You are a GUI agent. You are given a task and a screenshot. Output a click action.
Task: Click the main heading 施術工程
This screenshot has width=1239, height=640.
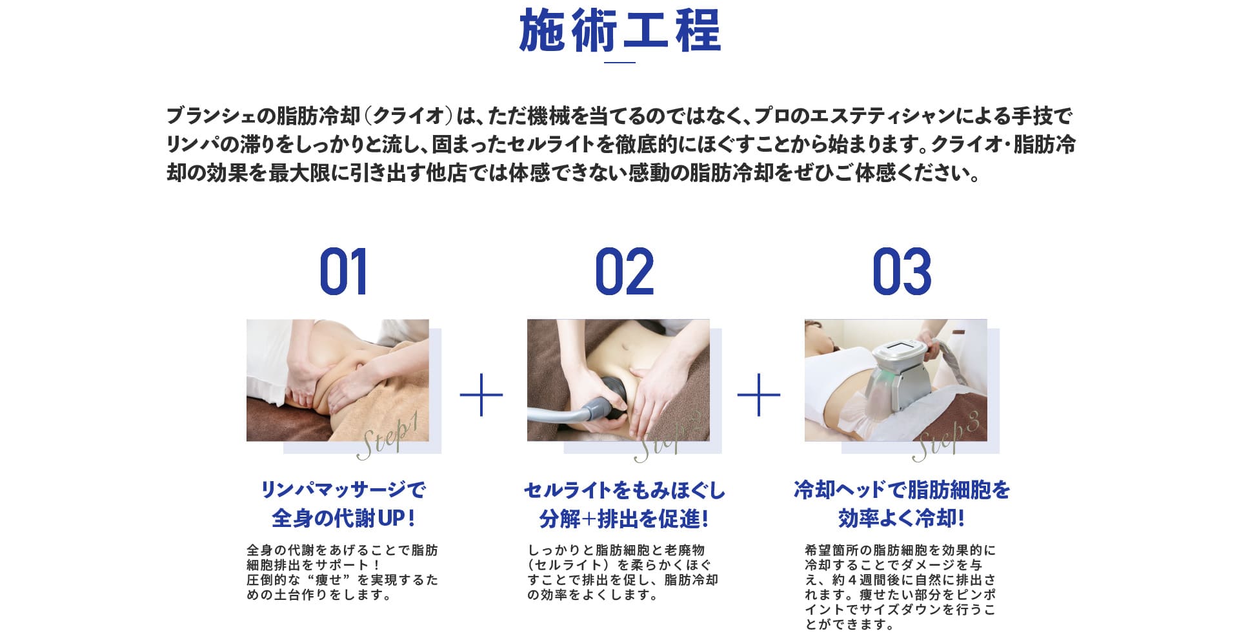(619, 31)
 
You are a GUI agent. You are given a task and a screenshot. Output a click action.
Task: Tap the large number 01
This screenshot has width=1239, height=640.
(343, 272)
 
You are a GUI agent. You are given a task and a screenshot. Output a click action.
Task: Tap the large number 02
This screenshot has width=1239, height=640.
(624, 272)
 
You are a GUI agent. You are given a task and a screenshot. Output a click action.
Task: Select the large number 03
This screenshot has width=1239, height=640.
(902, 272)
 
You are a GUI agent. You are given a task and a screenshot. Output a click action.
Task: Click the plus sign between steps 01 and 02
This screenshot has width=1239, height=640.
(481, 394)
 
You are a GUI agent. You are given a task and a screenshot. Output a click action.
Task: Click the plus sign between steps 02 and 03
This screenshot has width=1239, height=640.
(759, 394)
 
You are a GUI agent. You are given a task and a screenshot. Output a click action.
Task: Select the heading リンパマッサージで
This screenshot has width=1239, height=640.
(343, 490)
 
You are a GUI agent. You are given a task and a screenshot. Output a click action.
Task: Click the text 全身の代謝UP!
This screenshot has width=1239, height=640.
(343, 518)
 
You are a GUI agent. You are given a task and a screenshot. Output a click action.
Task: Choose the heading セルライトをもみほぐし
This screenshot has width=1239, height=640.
(624, 490)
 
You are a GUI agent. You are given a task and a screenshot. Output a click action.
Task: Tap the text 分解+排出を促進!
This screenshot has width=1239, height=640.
(624, 519)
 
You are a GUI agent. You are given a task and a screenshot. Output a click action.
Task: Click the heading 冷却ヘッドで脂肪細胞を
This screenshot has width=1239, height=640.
(902, 490)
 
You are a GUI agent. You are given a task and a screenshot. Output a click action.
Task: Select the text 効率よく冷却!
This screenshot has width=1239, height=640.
(902, 518)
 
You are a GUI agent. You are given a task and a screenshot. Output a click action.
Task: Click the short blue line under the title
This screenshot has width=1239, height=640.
(619, 63)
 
